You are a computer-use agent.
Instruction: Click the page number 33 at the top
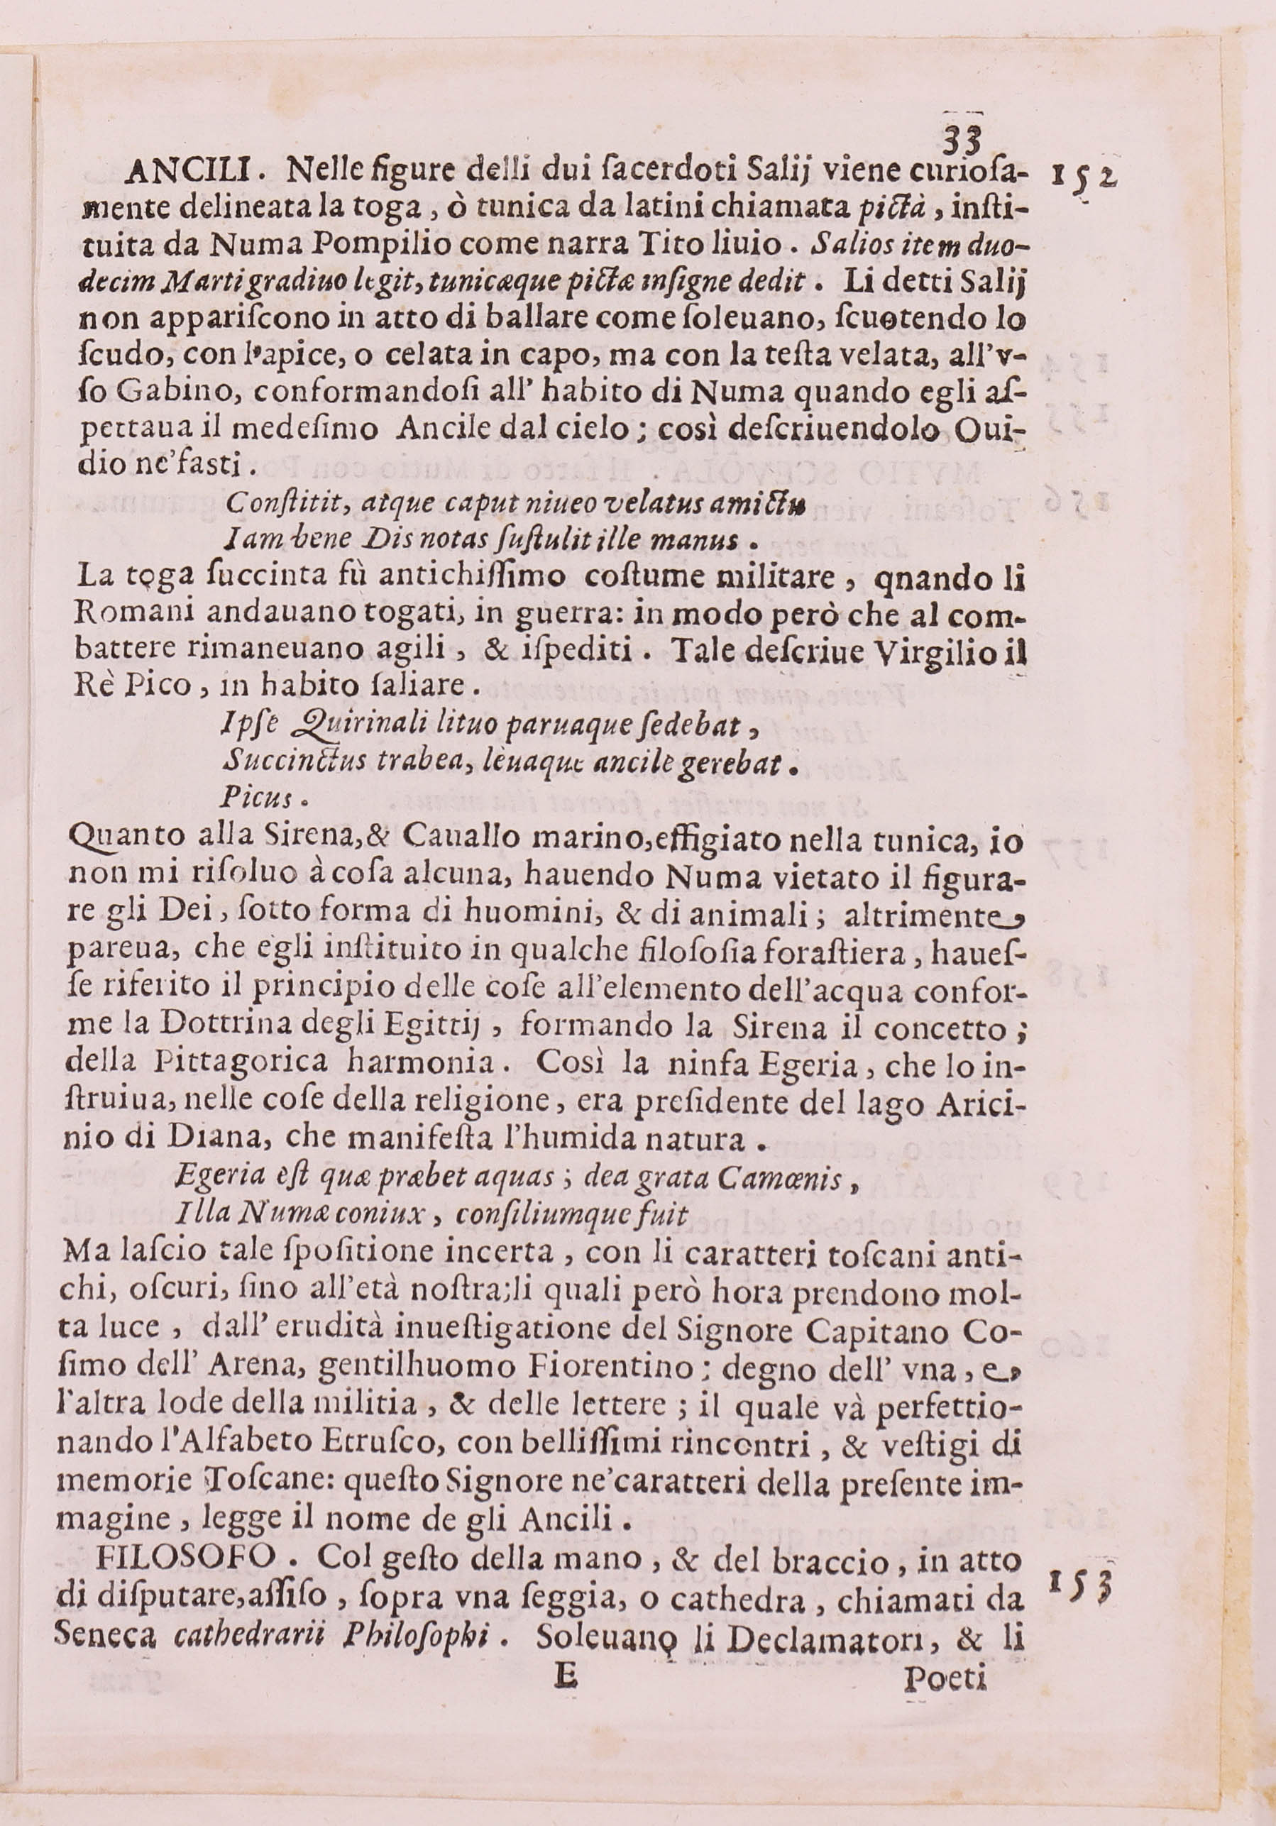tap(963, 143)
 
